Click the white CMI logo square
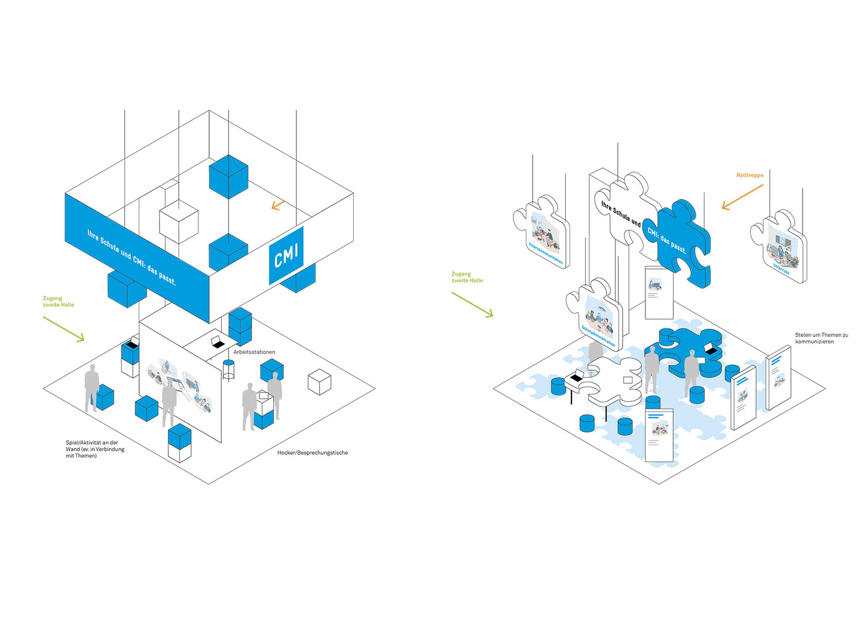286,255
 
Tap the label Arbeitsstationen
254,352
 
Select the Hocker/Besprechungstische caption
313,453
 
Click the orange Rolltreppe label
750,175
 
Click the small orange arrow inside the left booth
277,205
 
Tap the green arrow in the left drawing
63,328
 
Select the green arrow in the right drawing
472,305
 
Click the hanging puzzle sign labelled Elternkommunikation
542,232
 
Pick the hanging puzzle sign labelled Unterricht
780,247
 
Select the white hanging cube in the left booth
179,221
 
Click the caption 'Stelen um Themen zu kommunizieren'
821,338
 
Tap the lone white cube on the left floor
319,381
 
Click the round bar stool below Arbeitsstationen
229,369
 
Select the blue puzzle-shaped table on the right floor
690,352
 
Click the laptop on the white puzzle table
578,376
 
